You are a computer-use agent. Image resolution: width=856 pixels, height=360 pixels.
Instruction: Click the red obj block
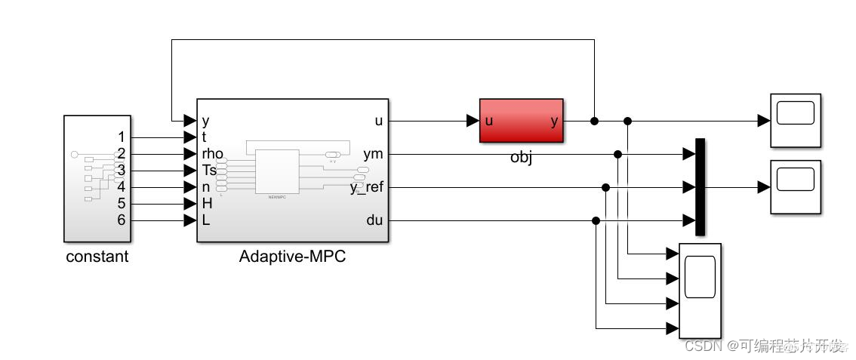tap(521, 121)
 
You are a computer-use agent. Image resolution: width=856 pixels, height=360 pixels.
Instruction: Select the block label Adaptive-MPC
tap(292, 257)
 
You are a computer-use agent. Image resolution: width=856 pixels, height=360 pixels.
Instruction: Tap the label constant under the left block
tap(97, 257)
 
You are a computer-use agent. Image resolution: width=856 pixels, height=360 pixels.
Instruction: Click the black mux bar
tap(700, 187)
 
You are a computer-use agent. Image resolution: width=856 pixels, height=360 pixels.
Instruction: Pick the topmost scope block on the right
tap(795, 121)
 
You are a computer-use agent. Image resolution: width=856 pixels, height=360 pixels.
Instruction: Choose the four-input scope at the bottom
tap(700, 291)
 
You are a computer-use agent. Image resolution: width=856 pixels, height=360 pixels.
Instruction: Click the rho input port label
tap(213, 154)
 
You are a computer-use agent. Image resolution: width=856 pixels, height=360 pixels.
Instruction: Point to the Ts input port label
tap(209, 171)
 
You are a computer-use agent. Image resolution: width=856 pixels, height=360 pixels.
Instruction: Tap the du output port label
tap(374, 220)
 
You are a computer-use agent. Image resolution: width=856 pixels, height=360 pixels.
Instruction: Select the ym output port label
tap(373, 154)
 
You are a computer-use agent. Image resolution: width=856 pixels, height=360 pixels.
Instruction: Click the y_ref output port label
tap(366, 187)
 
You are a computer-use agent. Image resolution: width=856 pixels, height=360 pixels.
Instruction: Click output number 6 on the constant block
tap(121, 220)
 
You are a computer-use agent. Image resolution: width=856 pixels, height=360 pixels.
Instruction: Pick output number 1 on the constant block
tap(121, 137)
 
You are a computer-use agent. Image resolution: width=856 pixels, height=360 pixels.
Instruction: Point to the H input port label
tap(206, 204)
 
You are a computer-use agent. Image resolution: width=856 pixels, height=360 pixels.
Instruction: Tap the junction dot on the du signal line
tap(596, 220)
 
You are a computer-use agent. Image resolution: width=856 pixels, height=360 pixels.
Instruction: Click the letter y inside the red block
tap(555, 121)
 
